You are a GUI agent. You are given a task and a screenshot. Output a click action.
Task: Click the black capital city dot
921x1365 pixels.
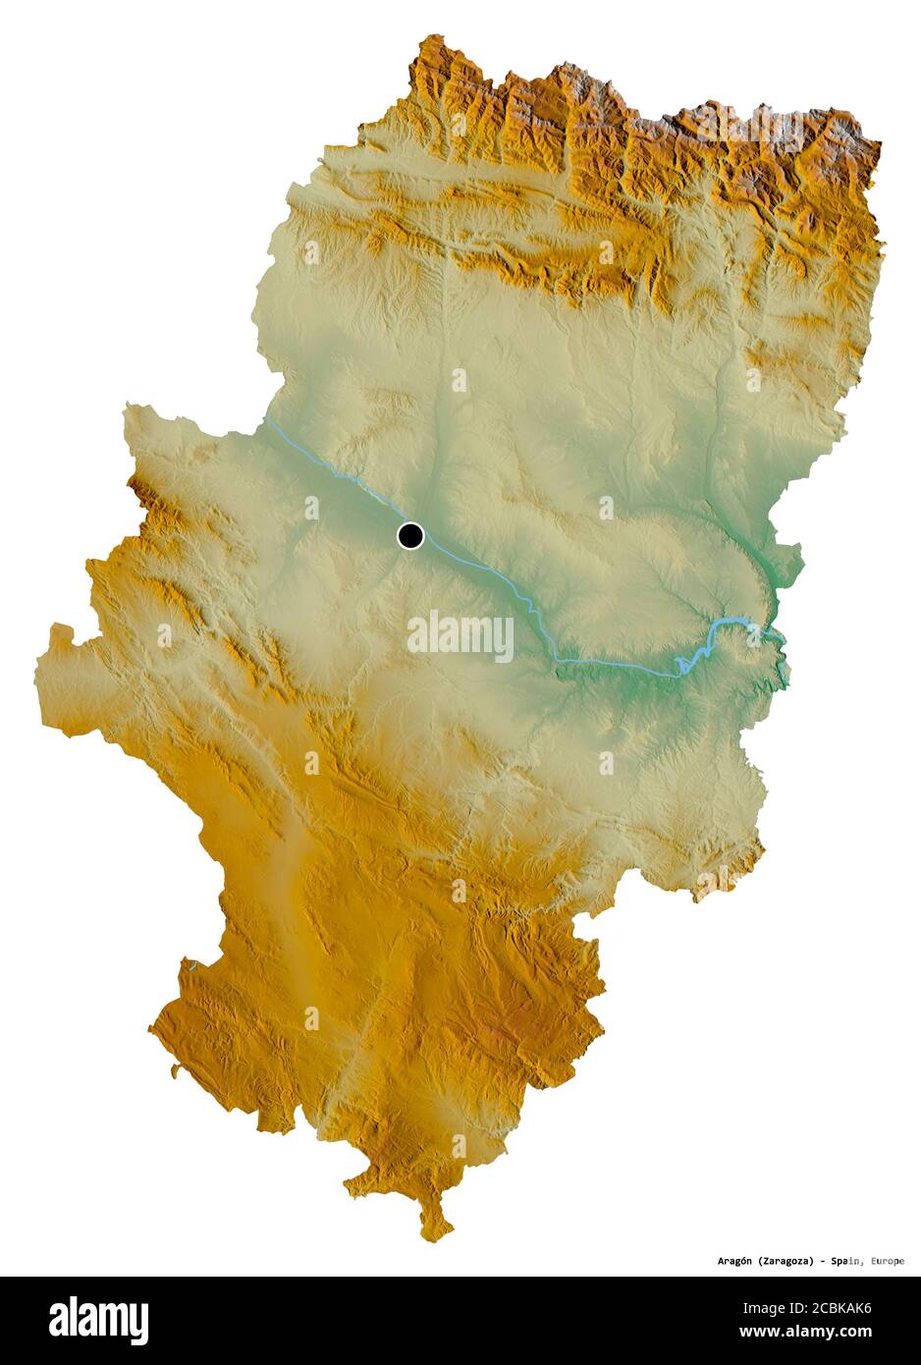pyautogui.click(x=410, y=536)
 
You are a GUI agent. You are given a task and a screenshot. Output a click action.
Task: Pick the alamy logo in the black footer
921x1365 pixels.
pyautogui.click(x=98, y=1320)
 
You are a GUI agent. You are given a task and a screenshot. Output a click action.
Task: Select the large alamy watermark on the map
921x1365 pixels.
pyautogui.click(x=460, y=635)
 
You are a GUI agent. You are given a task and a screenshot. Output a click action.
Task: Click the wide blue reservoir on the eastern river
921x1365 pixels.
pyautogui.click(x=731, y=624)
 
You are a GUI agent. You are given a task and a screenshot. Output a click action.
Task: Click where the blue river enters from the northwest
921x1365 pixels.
pyautogui.click(x=264, y=421)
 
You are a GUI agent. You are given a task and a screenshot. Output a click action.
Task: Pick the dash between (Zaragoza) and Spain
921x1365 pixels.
pyautogui.click(x=821, y=1261)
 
